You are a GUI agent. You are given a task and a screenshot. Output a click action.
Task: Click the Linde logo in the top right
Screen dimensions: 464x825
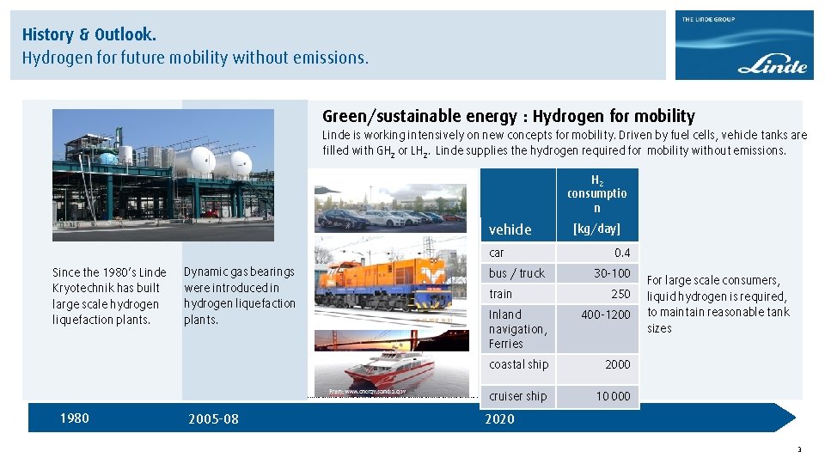(744, 46)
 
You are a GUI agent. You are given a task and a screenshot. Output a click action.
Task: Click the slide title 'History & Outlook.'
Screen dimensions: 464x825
(89, 35)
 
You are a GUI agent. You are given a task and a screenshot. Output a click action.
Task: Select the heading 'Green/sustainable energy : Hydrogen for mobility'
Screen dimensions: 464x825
(508, 116)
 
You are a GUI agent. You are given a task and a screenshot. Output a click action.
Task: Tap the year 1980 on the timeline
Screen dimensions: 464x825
(74, 418)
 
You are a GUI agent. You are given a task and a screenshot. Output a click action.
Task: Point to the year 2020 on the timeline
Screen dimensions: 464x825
(499, 419)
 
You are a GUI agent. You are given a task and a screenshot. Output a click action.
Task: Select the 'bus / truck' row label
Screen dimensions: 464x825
(516, 273)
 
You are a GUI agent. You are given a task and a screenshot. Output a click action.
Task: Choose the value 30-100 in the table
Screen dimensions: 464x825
(612, 273)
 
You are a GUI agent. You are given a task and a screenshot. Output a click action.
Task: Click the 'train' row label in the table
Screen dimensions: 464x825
(500, 294)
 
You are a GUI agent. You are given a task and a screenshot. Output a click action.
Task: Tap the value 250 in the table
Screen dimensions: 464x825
(620, 294)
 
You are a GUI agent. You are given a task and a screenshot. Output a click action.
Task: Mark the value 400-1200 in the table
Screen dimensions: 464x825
(605, 314)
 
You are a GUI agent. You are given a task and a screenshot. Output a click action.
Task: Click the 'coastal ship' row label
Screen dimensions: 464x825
(518, 364)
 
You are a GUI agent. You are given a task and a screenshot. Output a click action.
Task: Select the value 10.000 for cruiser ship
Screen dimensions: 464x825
(614, 396)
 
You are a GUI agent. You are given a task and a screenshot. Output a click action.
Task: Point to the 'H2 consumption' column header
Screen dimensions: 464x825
(596, 194)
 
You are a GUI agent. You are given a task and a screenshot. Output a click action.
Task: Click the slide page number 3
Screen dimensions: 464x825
(799, 449)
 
